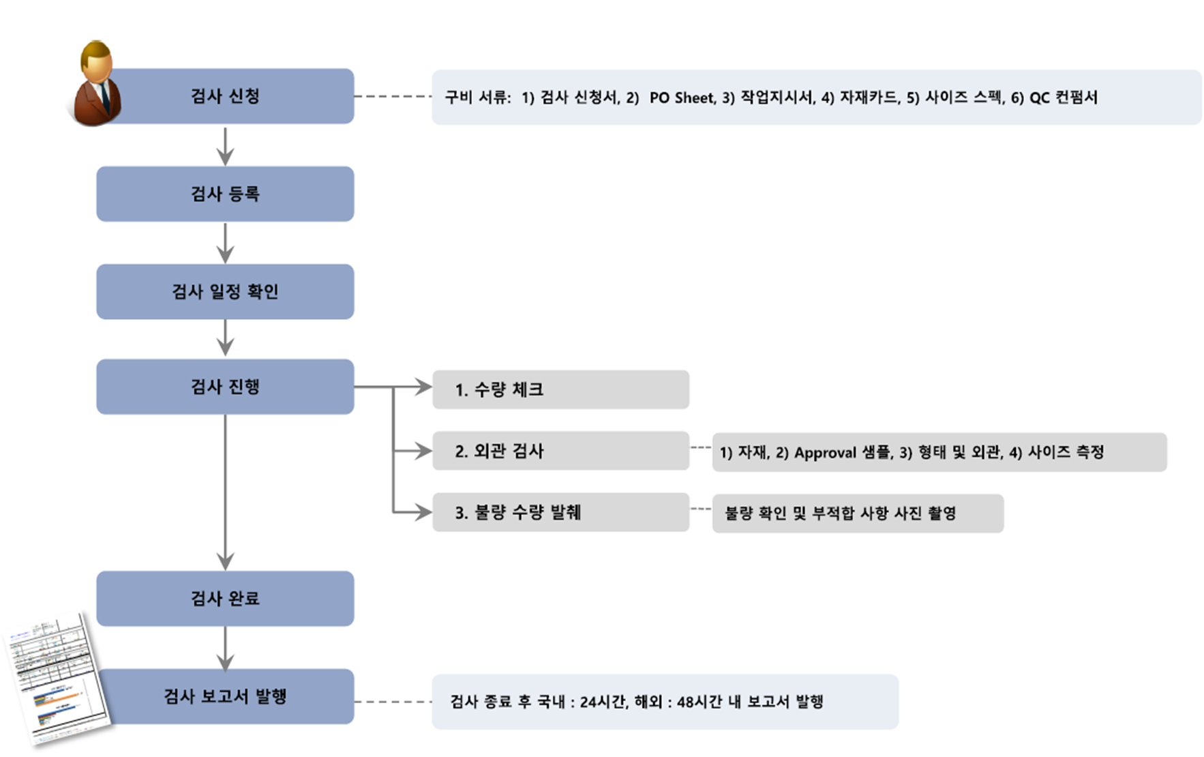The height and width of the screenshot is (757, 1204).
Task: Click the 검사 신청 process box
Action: click(x=225, y=96)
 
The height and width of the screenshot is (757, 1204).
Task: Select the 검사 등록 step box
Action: click(x=225, y=194)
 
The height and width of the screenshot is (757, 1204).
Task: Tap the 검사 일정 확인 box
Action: click(x=225, y=292)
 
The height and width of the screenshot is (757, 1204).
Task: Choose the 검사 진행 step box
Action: click(x=225, y=387)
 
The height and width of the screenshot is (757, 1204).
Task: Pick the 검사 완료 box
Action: click(x=225, y=599)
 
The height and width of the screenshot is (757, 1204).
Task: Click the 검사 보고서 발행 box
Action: click(x=225, y=696)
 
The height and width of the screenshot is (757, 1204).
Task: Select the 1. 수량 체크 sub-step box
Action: click(x=560, y=389)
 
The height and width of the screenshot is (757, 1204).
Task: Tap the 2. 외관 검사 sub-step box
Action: click(x=560, y=451)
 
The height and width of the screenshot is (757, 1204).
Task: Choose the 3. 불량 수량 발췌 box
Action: click(x=560, y=512)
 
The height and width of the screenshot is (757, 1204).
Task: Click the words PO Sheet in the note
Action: click(x=681, y=98)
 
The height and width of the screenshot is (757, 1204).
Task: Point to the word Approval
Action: click(x=825, y=452)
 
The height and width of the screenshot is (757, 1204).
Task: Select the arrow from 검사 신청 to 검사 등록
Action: click(x=225, y=145)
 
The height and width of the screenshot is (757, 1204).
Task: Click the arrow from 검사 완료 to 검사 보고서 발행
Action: click(x=225, y=648)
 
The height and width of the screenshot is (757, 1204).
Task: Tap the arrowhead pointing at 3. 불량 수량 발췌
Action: click(x=424, y=512)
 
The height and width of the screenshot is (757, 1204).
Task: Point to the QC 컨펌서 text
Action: click(x=1063, y=98)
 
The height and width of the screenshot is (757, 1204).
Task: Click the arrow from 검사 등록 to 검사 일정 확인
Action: click(x=225, y=243)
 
